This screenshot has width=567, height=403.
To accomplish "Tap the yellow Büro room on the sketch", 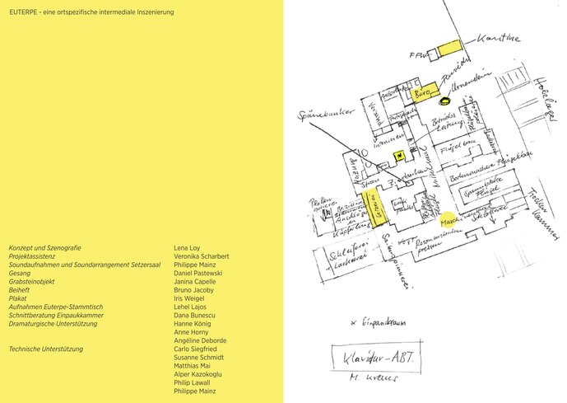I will (x=424, y=93).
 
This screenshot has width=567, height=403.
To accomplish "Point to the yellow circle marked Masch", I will (x=449, y=221).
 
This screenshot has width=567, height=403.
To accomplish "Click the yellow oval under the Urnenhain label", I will (x=445, y=101).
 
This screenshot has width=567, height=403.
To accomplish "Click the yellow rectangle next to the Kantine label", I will (x=449, y=49).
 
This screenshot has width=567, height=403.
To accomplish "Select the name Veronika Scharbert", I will (x=202, y=255).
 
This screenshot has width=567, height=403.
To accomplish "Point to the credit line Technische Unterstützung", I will (x=46, y=349).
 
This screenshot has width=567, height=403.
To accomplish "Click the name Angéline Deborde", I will (x=200, y=340).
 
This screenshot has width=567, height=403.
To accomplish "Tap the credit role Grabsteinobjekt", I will (x=32, y=281).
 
